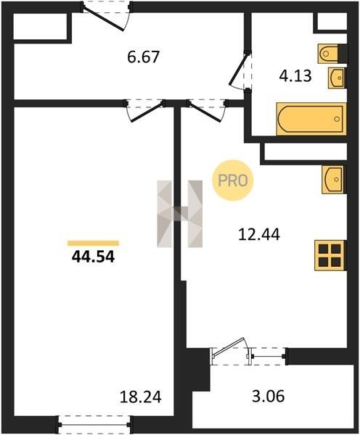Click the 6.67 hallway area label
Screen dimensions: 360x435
143,57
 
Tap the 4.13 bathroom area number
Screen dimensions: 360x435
295,75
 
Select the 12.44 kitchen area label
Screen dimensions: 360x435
259,234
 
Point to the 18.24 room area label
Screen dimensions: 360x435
141,397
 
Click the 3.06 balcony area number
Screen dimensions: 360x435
269,396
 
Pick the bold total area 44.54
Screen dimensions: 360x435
93,257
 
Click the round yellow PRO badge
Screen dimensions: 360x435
233,181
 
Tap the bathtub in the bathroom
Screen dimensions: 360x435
311,119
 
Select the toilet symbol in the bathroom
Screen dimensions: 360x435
330,53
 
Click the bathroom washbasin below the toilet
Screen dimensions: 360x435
337,78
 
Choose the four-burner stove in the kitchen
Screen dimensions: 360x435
330,255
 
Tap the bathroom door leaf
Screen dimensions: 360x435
238,70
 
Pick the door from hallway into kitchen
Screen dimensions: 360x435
205,112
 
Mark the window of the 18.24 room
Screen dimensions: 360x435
94,424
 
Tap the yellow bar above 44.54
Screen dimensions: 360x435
94,244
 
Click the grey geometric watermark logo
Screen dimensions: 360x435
180,214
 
